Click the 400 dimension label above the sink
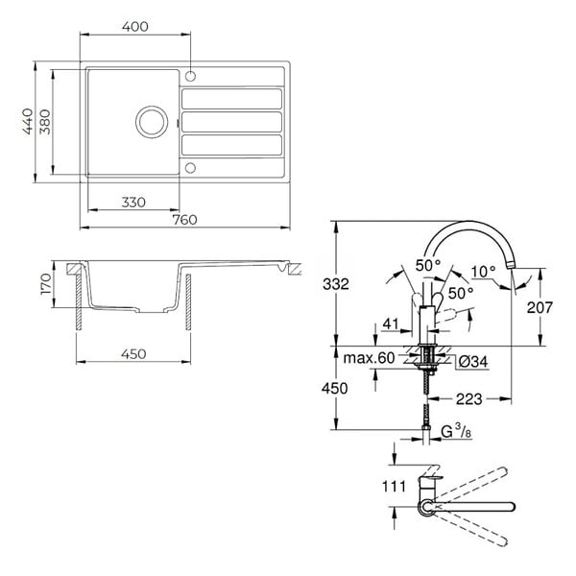tap(135, 27)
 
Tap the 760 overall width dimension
tap(184, 220)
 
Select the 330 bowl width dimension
tap(133, 203)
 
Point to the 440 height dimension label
tap(28, 122)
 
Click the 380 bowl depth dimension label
tap(45, 122)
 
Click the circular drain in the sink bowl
tap(152, 122)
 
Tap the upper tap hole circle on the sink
tap(190, 77)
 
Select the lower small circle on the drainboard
tap(190, 168)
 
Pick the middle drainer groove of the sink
tap(231, 122)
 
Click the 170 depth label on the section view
tap(46, 283)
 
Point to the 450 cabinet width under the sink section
tap(133, 354)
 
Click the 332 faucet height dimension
tap(336, 284)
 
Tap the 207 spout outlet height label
tap(540, 307)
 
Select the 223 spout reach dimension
tap(469, 399)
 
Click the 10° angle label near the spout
tap(483, 272)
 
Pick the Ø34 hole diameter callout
tap(473, 362)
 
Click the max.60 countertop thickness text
tap(369, 358)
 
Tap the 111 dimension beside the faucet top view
tap(395, 487)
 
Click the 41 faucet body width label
tap(391, 324)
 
